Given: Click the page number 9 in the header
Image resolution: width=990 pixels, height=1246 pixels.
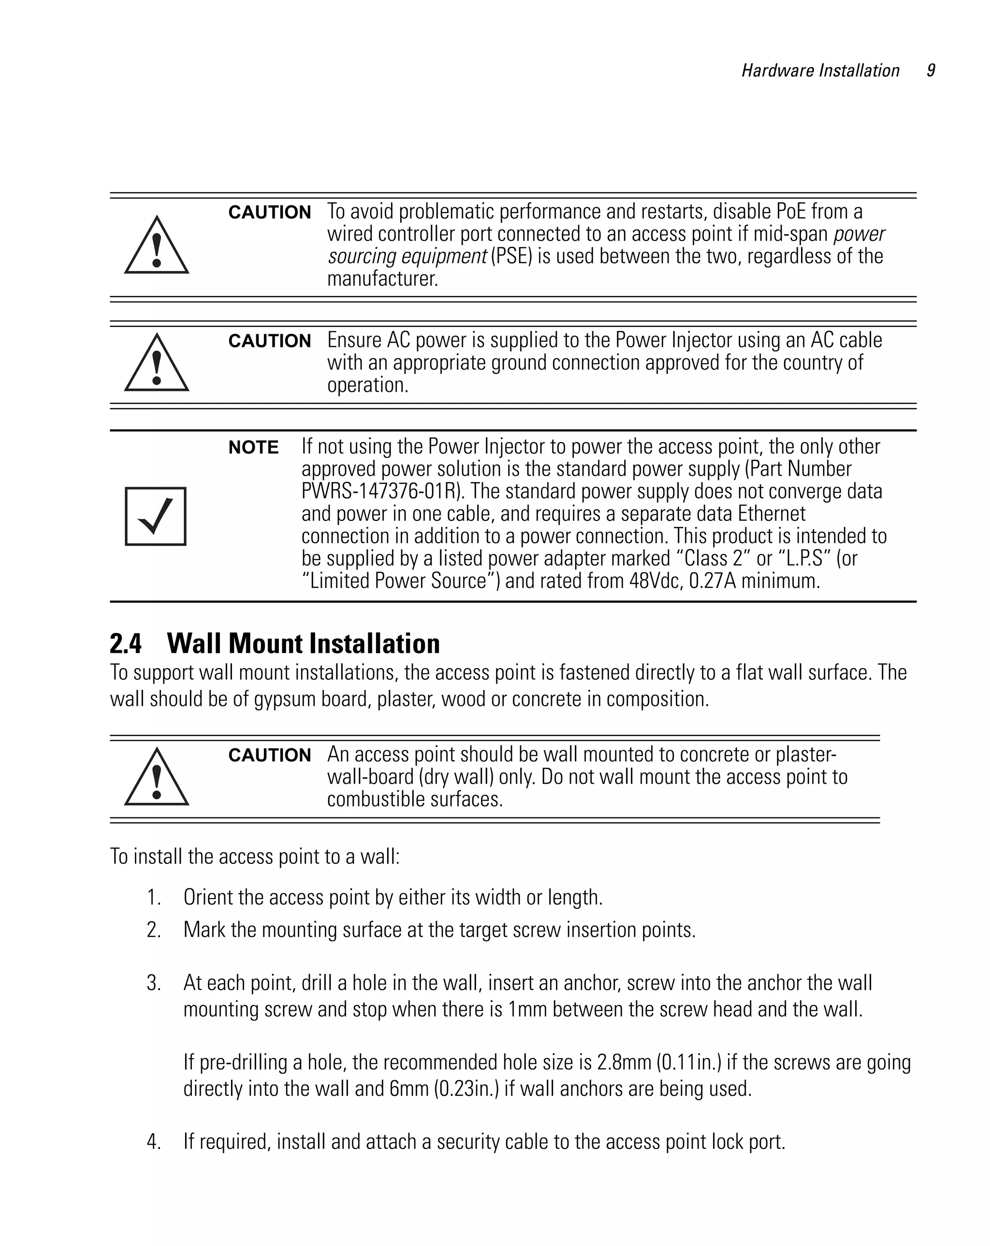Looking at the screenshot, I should click(931, 71).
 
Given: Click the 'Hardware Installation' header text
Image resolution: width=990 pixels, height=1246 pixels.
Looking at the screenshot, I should click(820, 71).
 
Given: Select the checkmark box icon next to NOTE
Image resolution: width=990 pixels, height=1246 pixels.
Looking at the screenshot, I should click(156, 516).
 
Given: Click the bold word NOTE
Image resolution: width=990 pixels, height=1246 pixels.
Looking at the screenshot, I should click(253, 447).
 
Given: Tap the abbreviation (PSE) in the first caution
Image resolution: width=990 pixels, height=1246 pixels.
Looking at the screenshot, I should click(510, 256).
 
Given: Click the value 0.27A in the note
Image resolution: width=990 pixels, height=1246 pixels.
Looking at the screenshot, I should click(713, 581).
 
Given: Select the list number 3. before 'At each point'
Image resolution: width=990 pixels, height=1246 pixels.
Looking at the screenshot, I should click(153, 983).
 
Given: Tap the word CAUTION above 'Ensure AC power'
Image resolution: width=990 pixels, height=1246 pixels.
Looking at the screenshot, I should click(269, 341).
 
